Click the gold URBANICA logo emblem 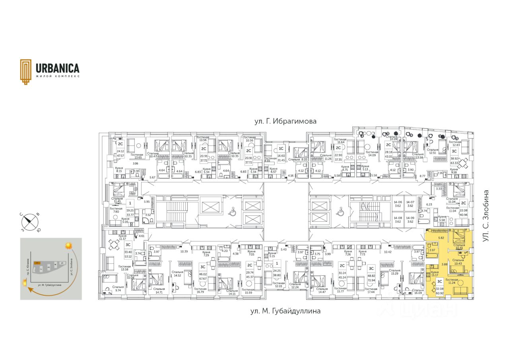26,72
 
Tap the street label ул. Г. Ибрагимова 286,121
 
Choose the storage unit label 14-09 410,219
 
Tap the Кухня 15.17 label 435,274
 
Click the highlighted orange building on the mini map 37,263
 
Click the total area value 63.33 454,163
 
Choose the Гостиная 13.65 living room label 136,156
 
